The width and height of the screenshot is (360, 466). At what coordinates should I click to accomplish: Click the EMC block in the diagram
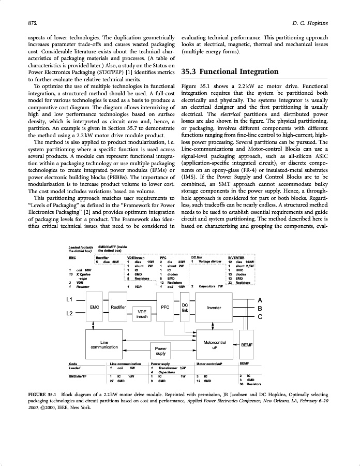tap(95, 307)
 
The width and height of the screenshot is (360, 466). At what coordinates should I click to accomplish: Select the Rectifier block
tap(118, 307)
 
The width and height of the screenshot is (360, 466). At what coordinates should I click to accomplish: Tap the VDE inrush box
tap(142, 314)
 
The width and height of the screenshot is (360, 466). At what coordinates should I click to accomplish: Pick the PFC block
tap(165, 307)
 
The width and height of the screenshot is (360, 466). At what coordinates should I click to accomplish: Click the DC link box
tap(185, 307)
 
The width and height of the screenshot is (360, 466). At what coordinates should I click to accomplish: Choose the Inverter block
tap(214, 307)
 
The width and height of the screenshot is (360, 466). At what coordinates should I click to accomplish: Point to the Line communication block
tap(104, 344)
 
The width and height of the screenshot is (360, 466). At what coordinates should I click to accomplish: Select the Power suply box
tap(161, 351)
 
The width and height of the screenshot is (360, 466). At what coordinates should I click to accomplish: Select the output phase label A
tap(260, 300)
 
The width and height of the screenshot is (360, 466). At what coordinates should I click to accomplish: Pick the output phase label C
tap(260, 316)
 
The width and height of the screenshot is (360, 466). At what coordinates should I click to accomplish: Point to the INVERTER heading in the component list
tap(236, 257)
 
